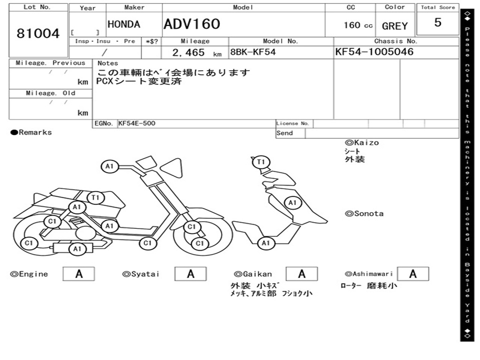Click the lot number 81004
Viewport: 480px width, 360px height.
[x=38, y=34]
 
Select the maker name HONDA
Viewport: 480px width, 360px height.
[x=124, y=24]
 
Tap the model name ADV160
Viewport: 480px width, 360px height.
[x=192, y=24]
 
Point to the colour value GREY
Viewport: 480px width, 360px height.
[x=395, y=26]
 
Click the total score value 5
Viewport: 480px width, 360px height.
[x=437, y=22]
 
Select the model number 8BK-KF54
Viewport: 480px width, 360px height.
[x=252, y=52]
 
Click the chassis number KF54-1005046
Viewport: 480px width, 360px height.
[x=375, y=52]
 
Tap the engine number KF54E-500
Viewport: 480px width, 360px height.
[x=137, y=123]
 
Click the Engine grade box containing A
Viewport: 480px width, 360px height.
[x=79, y=274]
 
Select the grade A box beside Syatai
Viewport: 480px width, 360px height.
[x=190, y=274]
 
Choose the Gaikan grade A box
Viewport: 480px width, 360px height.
[x=301, y=274]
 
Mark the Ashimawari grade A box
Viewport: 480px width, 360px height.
[x=412, y=274]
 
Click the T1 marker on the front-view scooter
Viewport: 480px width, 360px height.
[x=261, y=162]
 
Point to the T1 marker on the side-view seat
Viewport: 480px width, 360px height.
[x=96, y=197]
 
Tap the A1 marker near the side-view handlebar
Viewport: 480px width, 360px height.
[x=110, y=166]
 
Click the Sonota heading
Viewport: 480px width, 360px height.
[x=367, y=214]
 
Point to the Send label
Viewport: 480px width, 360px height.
[x=285, y=133]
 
